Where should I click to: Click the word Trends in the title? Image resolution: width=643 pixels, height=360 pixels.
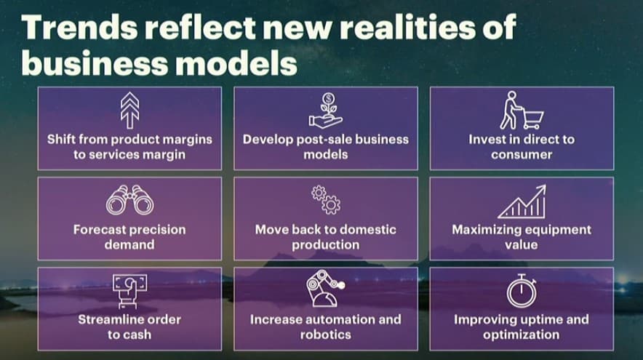click(x=79, y=27)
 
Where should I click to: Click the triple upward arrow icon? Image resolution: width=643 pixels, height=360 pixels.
click(x=129, y=111)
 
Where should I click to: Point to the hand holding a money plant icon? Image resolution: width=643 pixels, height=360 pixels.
click(x=326, y=111)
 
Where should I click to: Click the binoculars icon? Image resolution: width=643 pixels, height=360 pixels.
click(x=129, y=200)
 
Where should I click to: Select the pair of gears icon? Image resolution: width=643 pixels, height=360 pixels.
click(x=326, y=200)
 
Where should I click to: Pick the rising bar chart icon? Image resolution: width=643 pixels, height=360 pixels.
click(x=522, y=201)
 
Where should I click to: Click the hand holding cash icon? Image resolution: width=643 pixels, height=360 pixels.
click(x=129, y=291)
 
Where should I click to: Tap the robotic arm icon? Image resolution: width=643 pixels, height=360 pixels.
click(x=326, y=289)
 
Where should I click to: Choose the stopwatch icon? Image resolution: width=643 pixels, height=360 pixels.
click(x=522, y=291)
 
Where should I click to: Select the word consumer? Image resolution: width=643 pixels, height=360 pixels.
click(x=522, y=155)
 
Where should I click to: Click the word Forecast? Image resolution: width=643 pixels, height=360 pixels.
click(x=100, y=230)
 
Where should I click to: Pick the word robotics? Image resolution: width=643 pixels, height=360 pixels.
click(x=326, y=335)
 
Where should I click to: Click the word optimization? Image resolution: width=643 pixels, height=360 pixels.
click(x=522, y=335)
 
